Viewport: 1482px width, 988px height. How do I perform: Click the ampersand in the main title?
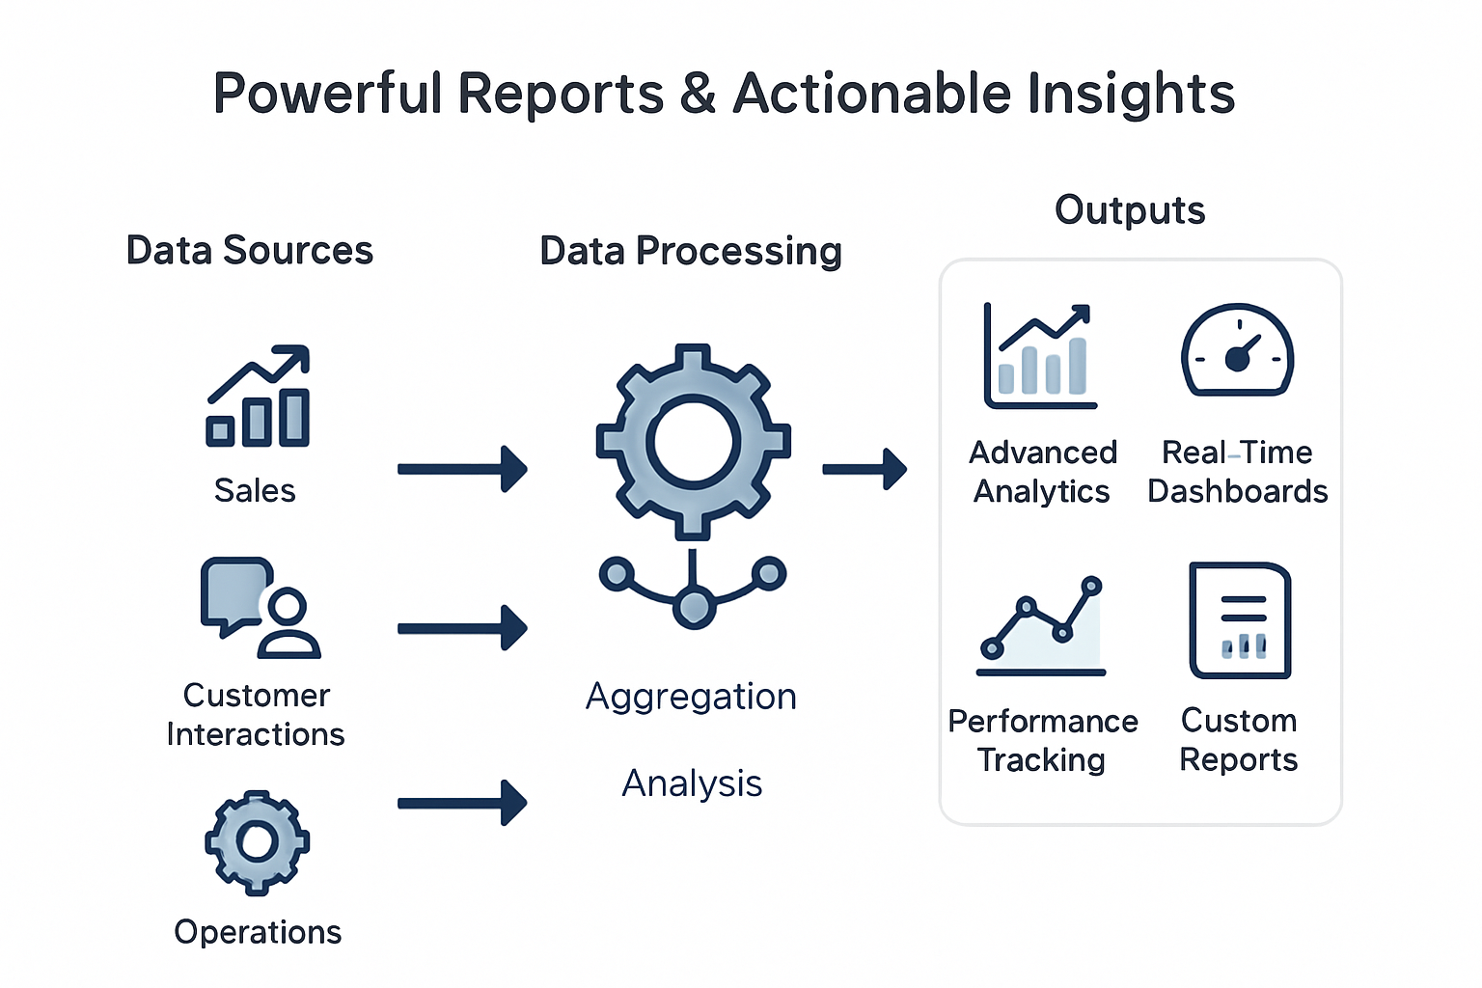(697, 95)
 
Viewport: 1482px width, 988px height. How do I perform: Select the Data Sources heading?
(249, 251)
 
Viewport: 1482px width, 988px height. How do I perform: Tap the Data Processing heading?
(691, 251)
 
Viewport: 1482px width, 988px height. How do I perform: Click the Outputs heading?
(1130, 210)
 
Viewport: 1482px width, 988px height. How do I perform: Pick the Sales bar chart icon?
(258, 397)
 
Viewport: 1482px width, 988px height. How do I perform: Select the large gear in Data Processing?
(693, 442)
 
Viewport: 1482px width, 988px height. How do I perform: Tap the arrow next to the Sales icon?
(462, 469)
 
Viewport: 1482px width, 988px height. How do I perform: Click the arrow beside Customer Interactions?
(462, 628)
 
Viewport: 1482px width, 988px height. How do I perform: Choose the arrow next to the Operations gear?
(462, 803)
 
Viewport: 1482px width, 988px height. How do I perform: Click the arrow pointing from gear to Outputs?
(864, 469)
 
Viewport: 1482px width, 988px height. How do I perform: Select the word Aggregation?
(691, 697)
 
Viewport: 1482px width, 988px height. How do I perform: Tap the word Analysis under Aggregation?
(692, 783)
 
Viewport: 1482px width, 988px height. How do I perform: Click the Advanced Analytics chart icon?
(1040, 356)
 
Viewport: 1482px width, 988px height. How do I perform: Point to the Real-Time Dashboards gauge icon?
(1237, 351)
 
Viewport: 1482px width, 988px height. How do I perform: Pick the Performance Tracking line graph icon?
(1042, 626)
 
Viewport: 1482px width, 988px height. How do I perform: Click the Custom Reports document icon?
(1240, 620)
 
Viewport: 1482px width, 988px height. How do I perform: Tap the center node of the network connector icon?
(693, 608)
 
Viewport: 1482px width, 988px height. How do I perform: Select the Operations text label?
(258, 932)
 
